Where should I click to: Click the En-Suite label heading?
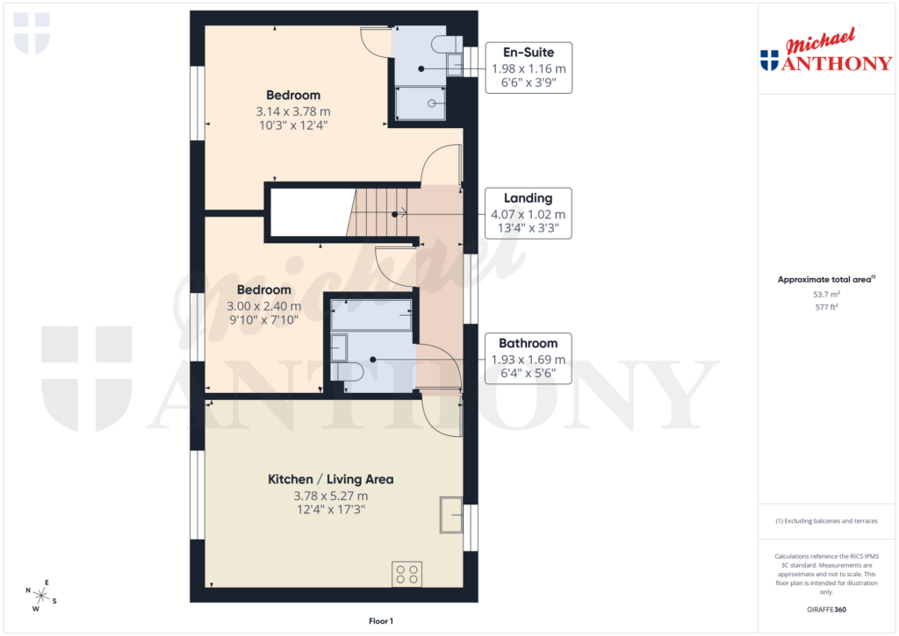(528, 52)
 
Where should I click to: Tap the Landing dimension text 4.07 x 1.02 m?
(528, 214)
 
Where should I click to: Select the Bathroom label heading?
(528, 343)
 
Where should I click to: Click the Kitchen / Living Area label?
(330, 480)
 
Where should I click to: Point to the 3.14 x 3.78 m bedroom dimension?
(293, 111)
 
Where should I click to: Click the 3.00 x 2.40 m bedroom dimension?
(264, 306)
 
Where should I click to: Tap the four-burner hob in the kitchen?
(407, 574)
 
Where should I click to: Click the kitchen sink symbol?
(451, 513)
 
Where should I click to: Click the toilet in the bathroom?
(349, 372)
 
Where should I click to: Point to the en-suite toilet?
(446, 44)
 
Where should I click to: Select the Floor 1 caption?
(381, 621)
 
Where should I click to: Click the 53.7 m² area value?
(827, 296)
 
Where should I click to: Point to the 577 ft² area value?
(827, 307)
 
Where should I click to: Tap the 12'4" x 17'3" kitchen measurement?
(330, 510)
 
